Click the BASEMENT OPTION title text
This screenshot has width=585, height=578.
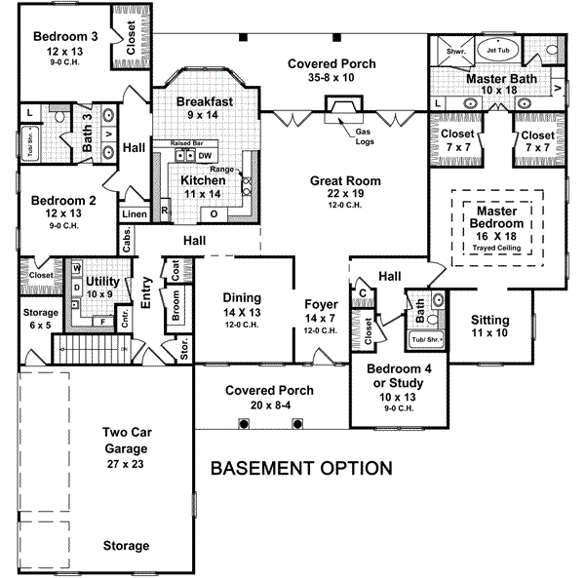pyautogui.click(x=302, y=469)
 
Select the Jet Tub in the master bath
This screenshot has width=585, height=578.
pyautogui.click(x=498, y=50)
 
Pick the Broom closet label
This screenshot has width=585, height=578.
pyautogui.click(x=176, y=309)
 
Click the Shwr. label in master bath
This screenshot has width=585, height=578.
pyautogui.click(x=456, y=49)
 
